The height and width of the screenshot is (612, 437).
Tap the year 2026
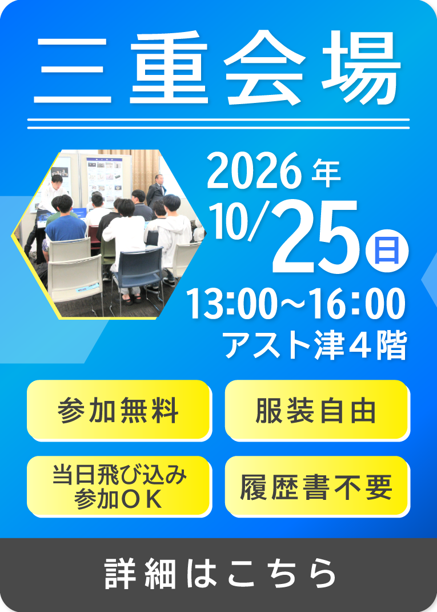(x=254, y=171)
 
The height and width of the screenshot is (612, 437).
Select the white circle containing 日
(x=387, y=251)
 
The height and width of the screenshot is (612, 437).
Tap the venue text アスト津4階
(x=315, y=345)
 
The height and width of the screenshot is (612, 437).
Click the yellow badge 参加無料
(x=119, y=410)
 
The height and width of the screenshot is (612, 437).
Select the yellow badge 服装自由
(x=317, y=410)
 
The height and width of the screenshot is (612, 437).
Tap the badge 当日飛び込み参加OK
(x=119, y=486)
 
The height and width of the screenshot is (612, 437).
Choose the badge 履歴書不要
(x=317, y=486)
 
